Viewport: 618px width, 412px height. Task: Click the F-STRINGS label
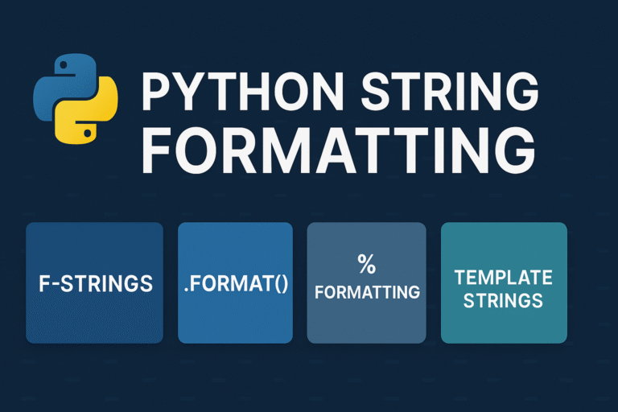(96, 283)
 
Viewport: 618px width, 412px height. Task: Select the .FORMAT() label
(235, 283)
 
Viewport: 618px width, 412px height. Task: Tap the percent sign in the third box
(367, 263)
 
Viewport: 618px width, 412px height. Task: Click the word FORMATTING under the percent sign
(367, 292)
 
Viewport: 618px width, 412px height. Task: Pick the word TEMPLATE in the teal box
(504, 278)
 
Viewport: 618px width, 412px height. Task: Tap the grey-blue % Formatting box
(367, 318)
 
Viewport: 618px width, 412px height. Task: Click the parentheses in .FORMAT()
(281, 284)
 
